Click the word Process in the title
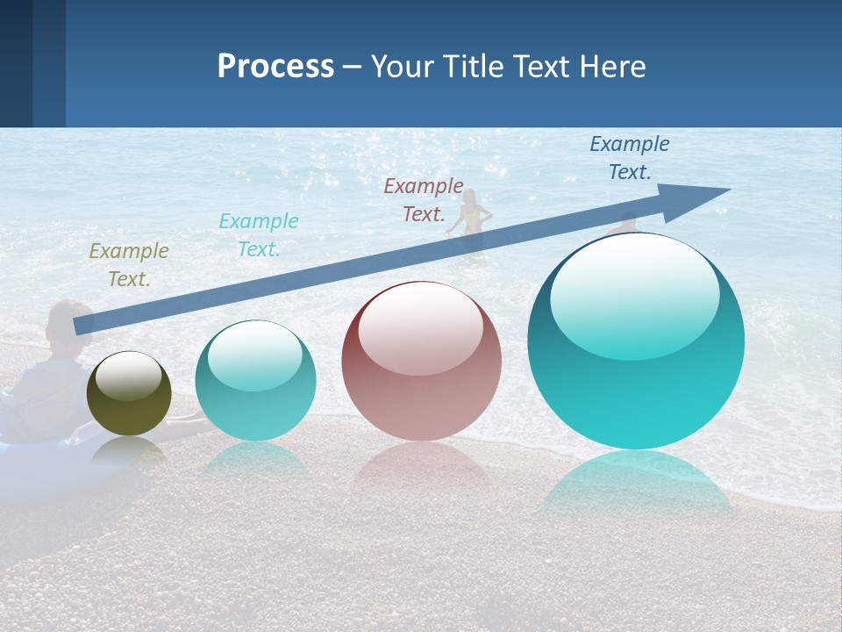(275, 67)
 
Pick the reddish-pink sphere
(422, 361)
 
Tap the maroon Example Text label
(424, 200)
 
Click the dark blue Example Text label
(630, 158)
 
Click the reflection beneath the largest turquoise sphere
(636, 487)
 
